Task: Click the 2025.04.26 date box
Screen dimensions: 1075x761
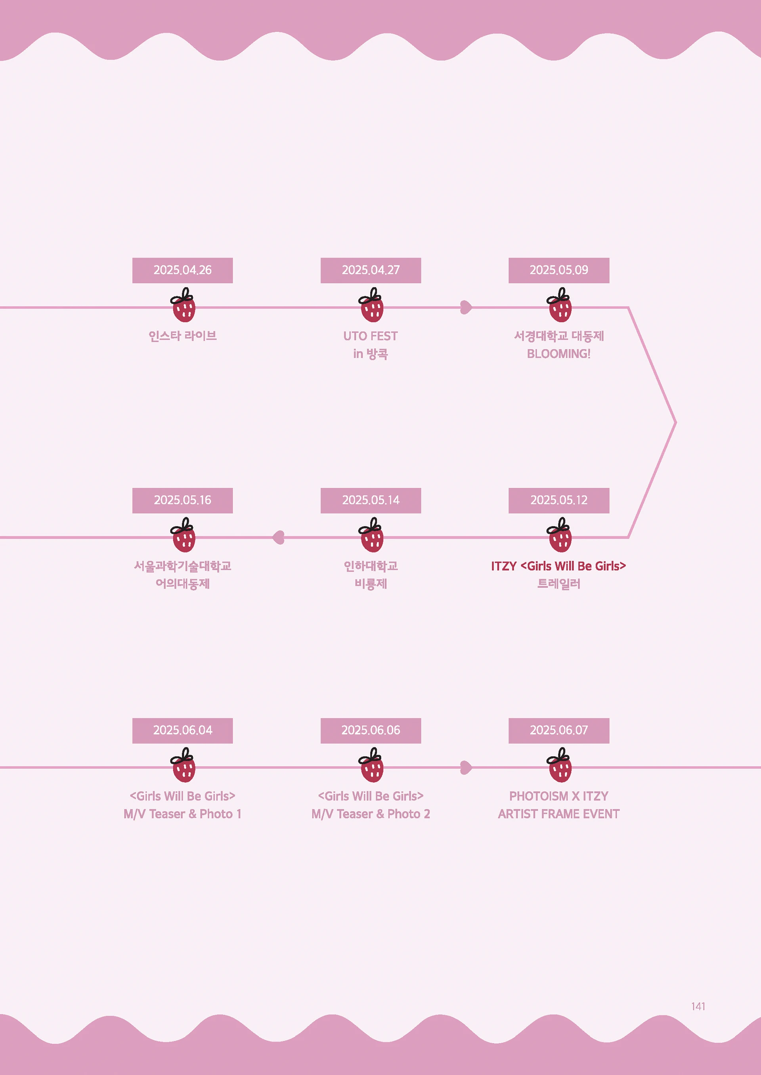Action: click(x=182, y=270)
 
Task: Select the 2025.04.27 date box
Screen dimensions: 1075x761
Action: click(x=371, y=270)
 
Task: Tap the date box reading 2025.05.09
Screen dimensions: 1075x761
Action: click(x=558, y=270)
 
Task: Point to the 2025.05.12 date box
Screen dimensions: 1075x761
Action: click(x=558, y=500)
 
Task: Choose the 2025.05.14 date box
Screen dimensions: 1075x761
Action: click(x=371, y=500)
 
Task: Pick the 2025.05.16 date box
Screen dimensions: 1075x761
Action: click(x=182, y=500)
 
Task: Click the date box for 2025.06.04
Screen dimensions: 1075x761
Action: click(x=182, y=730)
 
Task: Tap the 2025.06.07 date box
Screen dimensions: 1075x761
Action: click(x=558, y=730)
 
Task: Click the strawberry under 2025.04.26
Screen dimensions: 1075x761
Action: click(x=183, y=306)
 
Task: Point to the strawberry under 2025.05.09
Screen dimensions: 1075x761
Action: click(x=560, y=306)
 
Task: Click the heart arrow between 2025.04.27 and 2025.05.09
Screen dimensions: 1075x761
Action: click(x=466, y=308)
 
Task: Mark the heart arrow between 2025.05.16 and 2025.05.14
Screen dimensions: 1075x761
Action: click(x=279, y=537)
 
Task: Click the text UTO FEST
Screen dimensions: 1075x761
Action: click(x=370, y=336)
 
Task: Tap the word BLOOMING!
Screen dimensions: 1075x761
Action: click(x=558, y=354)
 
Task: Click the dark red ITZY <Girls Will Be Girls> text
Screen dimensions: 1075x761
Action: click(x=558, y=566)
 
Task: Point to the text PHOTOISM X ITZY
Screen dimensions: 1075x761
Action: click(x=558, y=796)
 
